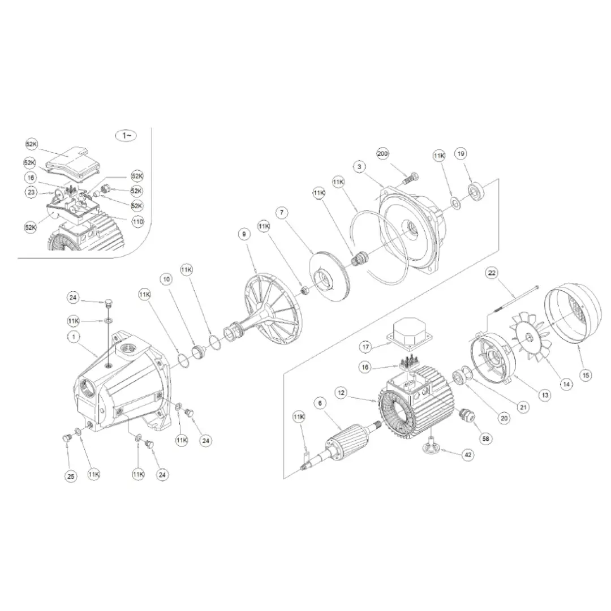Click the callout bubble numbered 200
coord(383,154)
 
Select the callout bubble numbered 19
coord(461,154)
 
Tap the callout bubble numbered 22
coord(492,273)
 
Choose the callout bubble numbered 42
coord(467,454)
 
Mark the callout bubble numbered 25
coord(71,476)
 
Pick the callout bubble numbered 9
coord(244,234)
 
